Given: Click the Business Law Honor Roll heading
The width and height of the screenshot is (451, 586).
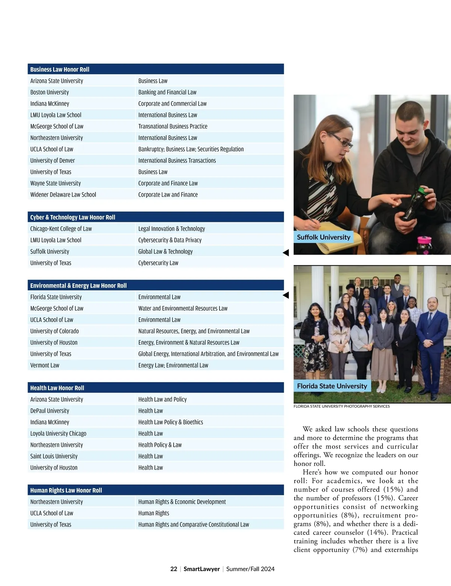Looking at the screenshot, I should pos(60,70).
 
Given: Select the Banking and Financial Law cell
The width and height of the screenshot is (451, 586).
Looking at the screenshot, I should pos(167,92).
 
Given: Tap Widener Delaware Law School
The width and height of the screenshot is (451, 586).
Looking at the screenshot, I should pos(63,195).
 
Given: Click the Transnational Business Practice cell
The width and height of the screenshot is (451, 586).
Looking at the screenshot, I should pos(173,126).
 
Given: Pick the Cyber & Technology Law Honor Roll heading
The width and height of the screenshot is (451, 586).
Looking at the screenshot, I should pos(73,217).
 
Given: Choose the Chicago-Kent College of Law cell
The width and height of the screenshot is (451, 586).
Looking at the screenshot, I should pos(61,229).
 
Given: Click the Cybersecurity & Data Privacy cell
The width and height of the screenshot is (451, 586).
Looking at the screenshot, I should pos(170,240).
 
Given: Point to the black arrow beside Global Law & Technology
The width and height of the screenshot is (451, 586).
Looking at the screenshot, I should pos(286,253).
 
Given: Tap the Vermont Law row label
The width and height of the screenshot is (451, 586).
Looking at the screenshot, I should pos(45,365).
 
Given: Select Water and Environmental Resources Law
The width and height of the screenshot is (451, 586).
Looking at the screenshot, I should pos(183,308).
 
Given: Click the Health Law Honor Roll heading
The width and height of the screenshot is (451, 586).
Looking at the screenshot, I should pos(57,388).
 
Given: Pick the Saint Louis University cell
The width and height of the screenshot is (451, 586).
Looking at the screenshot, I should pos(54,456).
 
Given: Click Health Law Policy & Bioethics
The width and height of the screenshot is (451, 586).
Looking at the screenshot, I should pos(171,422).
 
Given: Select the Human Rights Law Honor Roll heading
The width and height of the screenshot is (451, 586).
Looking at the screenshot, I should pos(66,490).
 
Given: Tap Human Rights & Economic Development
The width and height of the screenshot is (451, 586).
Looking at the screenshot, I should pos(182,502).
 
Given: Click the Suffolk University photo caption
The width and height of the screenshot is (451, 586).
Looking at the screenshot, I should pos(324,237).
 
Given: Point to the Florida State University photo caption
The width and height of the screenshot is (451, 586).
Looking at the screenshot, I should pos(332,386).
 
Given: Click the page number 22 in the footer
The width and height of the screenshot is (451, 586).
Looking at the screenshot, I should pos(174,569).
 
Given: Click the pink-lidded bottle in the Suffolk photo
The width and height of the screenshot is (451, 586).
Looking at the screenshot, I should pos(422,244).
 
